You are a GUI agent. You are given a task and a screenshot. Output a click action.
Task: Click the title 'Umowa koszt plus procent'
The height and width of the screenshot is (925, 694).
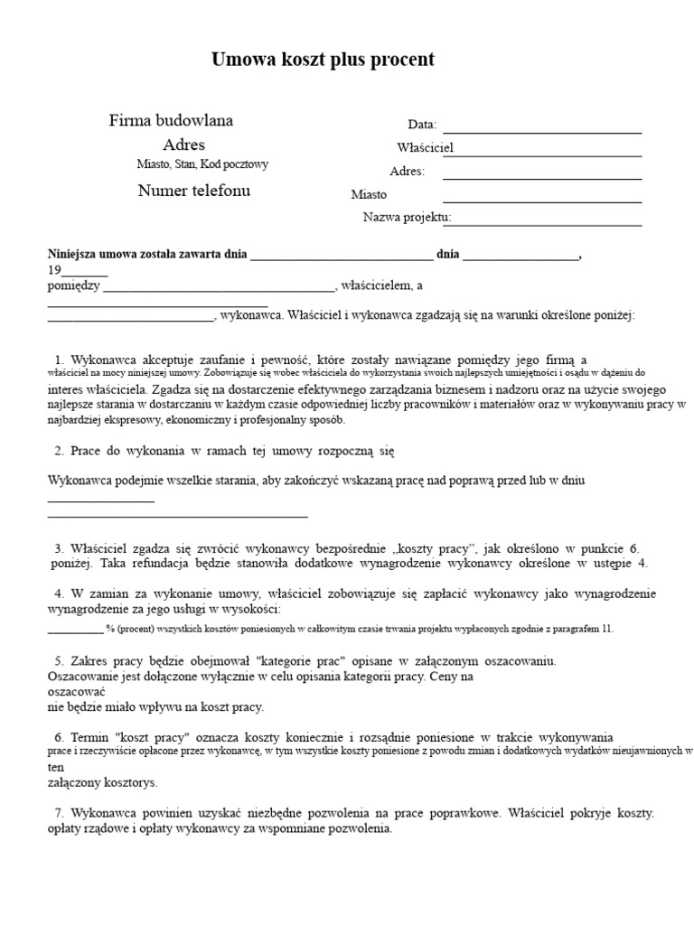[x=323, y=60]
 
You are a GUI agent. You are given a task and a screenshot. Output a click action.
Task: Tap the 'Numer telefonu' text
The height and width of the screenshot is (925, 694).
[x=194, y=191]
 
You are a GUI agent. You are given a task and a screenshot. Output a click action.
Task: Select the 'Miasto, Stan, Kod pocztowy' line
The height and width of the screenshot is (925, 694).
[x=202, y=164]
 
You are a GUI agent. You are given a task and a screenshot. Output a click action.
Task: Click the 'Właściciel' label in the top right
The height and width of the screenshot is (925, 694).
[x=425, y=147]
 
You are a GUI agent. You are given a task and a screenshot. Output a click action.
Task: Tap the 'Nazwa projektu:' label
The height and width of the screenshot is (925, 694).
[x=407, y=217]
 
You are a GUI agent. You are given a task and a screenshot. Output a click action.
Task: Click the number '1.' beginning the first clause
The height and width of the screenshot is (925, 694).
[x=61, y=359]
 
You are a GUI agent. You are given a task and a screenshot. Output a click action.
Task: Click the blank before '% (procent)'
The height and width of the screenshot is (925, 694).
[x=75, y=629]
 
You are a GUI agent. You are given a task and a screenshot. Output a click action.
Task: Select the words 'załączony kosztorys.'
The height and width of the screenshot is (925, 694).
[x=102, y=782]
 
